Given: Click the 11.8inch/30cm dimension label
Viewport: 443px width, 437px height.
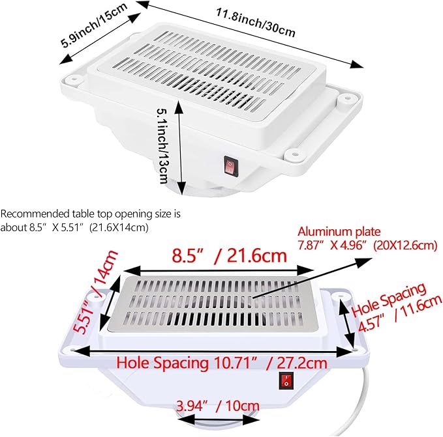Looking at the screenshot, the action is pos(256,23).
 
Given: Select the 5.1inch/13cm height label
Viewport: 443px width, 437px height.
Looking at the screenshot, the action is pos(163,146).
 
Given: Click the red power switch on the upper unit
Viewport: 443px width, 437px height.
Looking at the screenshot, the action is pos(231,165).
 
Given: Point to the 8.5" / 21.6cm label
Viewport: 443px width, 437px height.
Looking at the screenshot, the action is pos(229,256).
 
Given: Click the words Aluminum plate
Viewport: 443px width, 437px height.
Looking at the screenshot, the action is pos(339,232).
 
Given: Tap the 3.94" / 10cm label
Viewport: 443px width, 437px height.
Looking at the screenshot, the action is pos(218,406).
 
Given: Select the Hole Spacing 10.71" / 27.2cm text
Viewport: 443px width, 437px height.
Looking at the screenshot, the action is pos(222,363).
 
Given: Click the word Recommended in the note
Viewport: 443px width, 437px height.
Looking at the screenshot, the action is pos(34,214).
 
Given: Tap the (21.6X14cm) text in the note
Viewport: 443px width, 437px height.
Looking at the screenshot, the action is pos(119,227).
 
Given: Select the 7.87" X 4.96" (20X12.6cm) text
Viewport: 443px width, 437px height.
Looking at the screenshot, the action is pos(367,246).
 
